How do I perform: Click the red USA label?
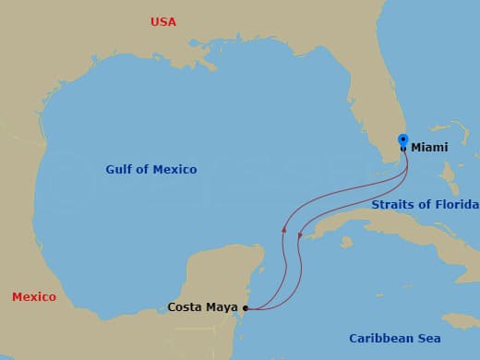pyautogui.click(x=163, y=21)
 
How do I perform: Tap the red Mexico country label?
pyautogui.click(x=34, y=296)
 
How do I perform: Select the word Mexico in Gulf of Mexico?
pyautogui.click(x=175, y=170)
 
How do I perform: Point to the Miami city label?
pyautogui.click(x=429, y=148)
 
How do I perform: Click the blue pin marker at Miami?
pyautogui.click(x=402, y=140)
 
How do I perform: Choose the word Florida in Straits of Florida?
pyautogui.click(x=456, y=204)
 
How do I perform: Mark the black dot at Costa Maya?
pyautogui.click(x=245, y=308)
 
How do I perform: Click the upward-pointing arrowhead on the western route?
pyautogui.click(x=284, y=228)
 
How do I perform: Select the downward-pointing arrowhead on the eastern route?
pyautogui.click(x=300, y=236)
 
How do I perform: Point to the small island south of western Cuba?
pyautogui.click(x=346, y=243)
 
